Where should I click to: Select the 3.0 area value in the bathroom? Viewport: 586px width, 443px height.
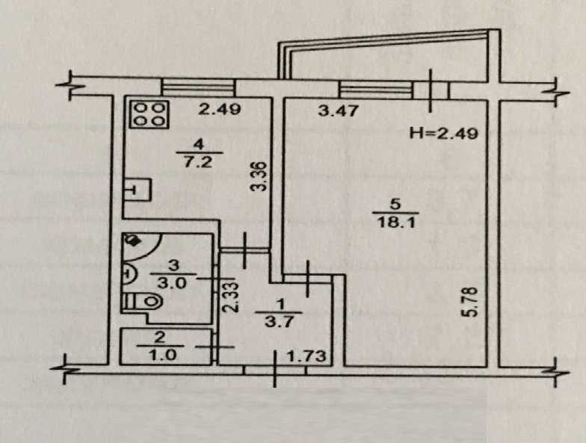(x=172, y=282)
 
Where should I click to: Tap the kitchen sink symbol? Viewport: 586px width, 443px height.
(x=135, y=189)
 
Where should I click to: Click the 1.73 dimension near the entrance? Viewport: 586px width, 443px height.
(x=307, y=356)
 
